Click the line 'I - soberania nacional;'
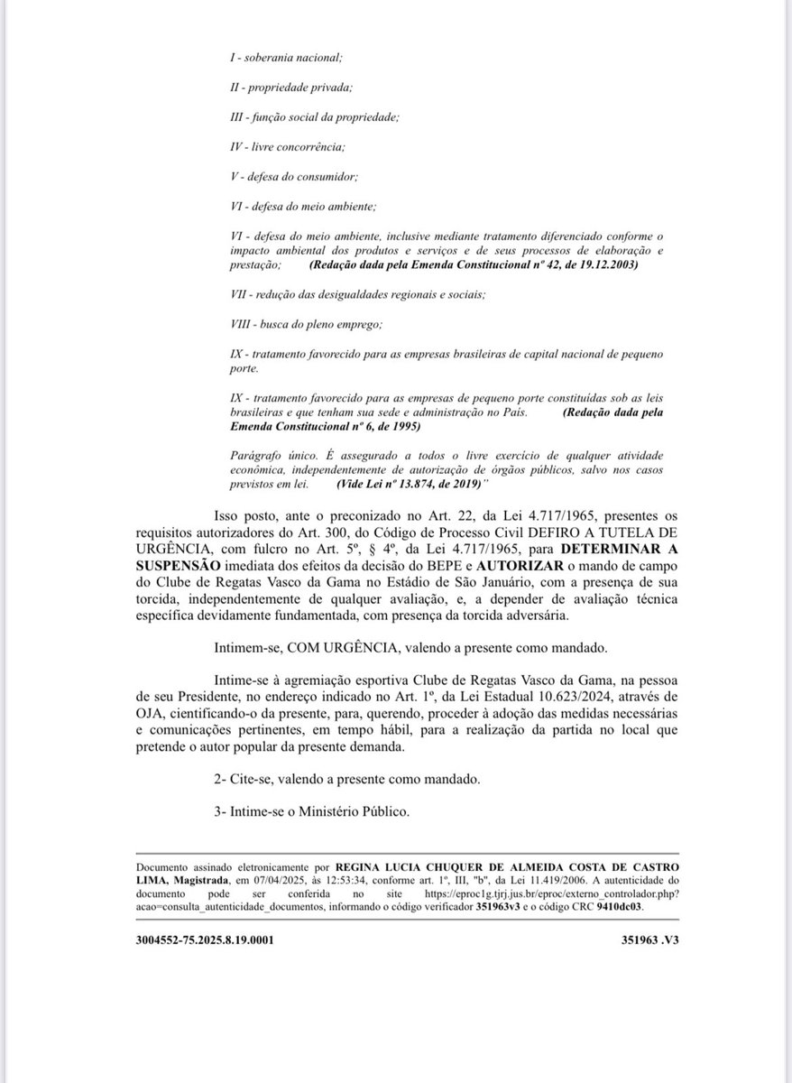287,57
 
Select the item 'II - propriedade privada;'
290,87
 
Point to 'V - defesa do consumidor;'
292,176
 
